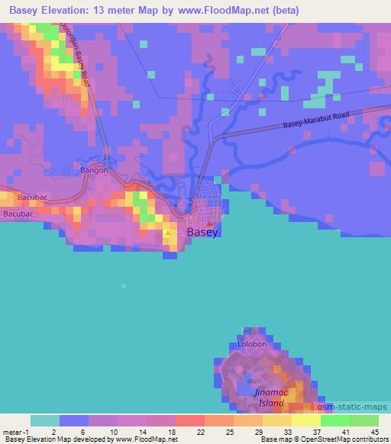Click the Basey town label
coord(203,232)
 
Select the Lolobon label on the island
coord(252,344)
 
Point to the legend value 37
coord(316,432)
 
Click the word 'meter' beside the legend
coord(13,432)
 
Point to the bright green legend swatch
coord(335,420)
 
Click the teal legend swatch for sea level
coord(45,420)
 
